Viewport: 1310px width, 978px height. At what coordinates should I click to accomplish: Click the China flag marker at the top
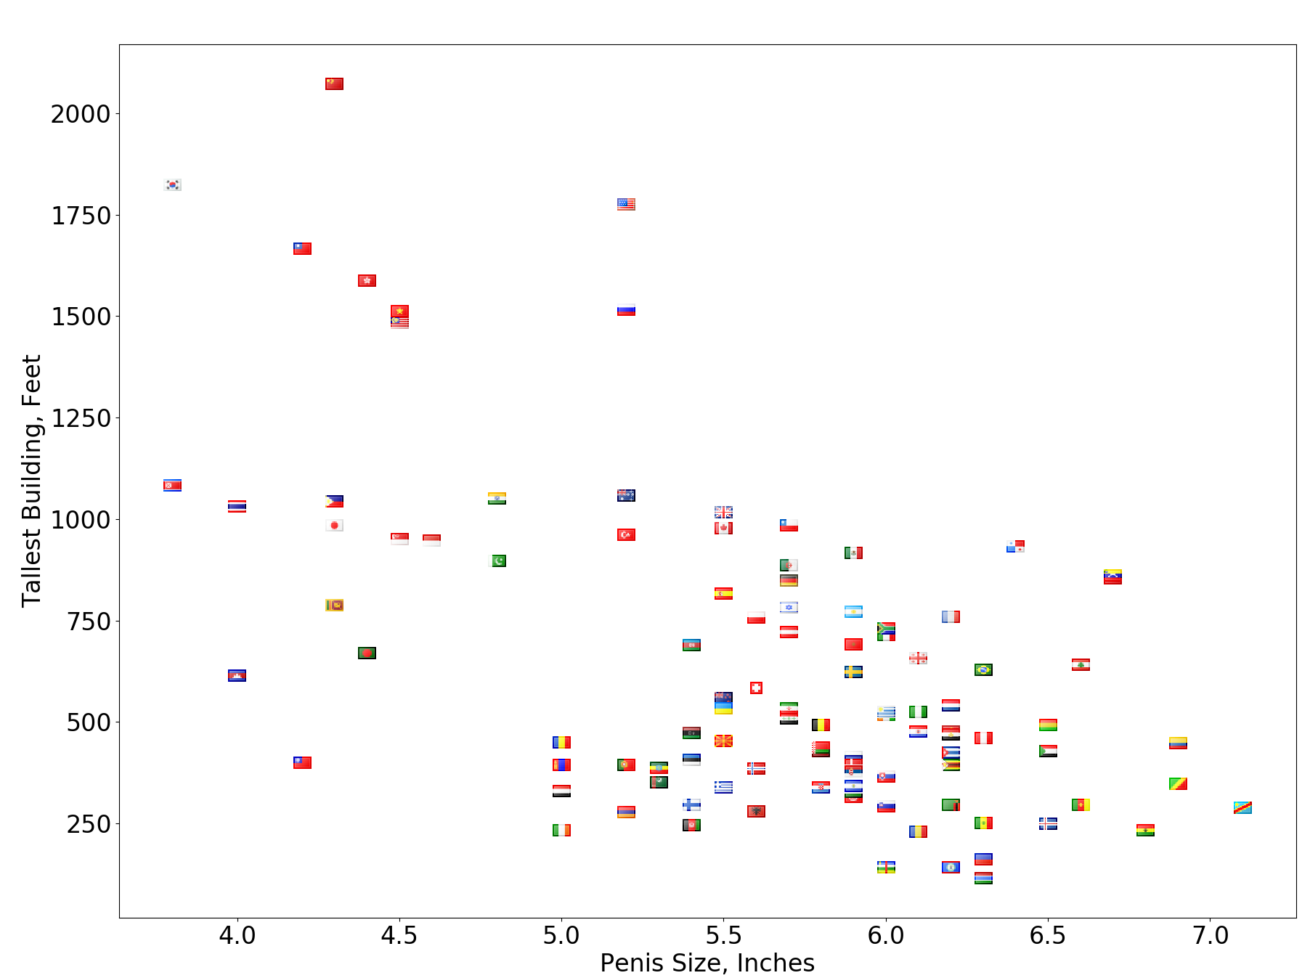334,83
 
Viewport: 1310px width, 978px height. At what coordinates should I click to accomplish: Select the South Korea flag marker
172,184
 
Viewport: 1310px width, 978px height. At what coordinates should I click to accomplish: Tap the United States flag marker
626,204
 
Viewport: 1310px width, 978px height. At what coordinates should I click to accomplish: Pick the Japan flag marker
334,525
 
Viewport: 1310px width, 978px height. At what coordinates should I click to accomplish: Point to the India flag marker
497,498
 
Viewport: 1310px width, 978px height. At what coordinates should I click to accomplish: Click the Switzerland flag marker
756,688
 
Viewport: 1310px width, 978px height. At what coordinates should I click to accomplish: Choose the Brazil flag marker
983,669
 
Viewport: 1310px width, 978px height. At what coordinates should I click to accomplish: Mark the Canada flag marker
723,528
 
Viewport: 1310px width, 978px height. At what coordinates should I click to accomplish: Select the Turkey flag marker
626,534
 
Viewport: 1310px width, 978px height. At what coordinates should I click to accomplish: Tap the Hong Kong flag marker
367,280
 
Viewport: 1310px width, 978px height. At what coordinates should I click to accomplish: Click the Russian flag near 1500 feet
626,310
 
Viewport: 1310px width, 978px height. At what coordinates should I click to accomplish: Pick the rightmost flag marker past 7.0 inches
1242,807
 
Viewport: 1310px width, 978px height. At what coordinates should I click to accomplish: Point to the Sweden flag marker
853,672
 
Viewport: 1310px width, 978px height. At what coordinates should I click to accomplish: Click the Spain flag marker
723,593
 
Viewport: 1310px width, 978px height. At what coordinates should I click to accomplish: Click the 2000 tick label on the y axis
80,114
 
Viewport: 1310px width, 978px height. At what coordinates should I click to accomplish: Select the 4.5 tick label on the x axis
399,935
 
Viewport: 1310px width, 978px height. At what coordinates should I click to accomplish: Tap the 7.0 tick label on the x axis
1211,935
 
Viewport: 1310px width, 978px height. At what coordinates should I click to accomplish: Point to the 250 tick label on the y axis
88,824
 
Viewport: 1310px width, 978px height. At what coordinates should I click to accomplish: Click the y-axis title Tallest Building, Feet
31,481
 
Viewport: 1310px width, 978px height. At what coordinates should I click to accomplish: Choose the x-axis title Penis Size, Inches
707,963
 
